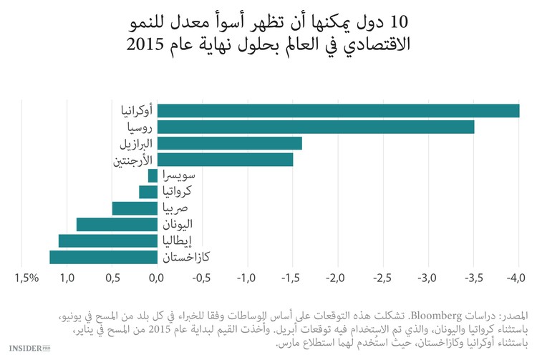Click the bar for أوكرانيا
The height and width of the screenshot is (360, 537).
pos(338,110)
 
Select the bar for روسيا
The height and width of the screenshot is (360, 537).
pos(315,127)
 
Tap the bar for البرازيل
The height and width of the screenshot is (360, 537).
pos(229,143)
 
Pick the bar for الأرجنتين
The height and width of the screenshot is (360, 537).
pos(225,160)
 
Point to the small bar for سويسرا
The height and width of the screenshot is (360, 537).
pos(153,175)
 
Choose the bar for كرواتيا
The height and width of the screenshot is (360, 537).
pos(148,192)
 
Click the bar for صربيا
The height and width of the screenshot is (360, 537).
pos(135,208)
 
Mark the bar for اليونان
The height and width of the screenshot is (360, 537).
pos(117,225)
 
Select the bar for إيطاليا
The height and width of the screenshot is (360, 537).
pos(107,241)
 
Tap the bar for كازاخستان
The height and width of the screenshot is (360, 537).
pos(103,258)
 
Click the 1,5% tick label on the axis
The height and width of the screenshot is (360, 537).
pos(26,277)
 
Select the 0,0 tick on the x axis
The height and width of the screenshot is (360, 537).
pos(157,277)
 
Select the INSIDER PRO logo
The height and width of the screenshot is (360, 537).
pos(29,346)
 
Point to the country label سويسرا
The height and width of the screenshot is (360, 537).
pos(180,175)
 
